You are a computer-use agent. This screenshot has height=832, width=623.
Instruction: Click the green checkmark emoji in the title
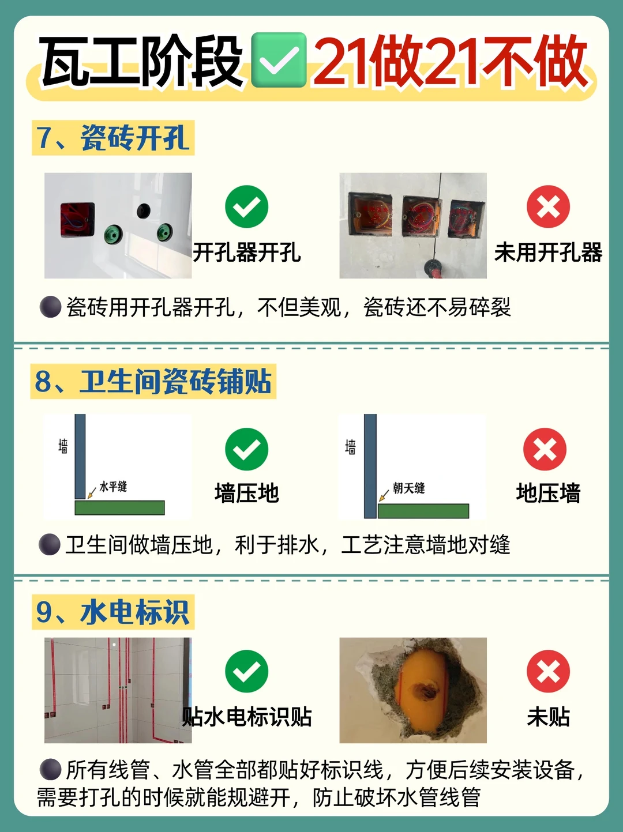point(279,60)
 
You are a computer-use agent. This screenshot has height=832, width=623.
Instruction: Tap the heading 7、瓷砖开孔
point(113,138)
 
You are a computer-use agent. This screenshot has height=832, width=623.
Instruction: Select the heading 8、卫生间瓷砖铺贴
point(153,381)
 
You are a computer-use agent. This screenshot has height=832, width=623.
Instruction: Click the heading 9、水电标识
point(113,612)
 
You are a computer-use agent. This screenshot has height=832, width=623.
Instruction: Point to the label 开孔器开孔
point(247,253)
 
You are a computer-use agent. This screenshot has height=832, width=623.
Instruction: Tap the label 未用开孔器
point(549,253)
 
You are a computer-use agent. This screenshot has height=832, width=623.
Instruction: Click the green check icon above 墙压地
point(247,449)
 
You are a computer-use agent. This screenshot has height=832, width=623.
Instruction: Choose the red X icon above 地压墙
point(545,449)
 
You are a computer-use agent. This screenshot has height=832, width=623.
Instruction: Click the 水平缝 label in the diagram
point(113,486)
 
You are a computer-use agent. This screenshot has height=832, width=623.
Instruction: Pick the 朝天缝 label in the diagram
point(409,488)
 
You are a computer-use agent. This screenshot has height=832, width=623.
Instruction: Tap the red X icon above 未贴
point(549,671)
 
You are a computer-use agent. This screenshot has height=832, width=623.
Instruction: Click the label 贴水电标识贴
point(247,717)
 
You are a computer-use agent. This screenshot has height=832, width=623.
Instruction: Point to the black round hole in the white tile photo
point(143,211)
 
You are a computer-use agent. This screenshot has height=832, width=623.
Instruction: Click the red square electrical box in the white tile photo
point(78,220)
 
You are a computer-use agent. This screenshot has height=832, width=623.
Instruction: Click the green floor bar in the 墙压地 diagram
point(120,507)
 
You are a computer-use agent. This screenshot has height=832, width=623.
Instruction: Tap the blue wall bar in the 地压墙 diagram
point(370,466)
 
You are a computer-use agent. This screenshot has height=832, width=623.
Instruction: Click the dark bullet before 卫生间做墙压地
point(50,545)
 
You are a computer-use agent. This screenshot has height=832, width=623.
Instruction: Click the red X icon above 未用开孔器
point(549,206)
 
